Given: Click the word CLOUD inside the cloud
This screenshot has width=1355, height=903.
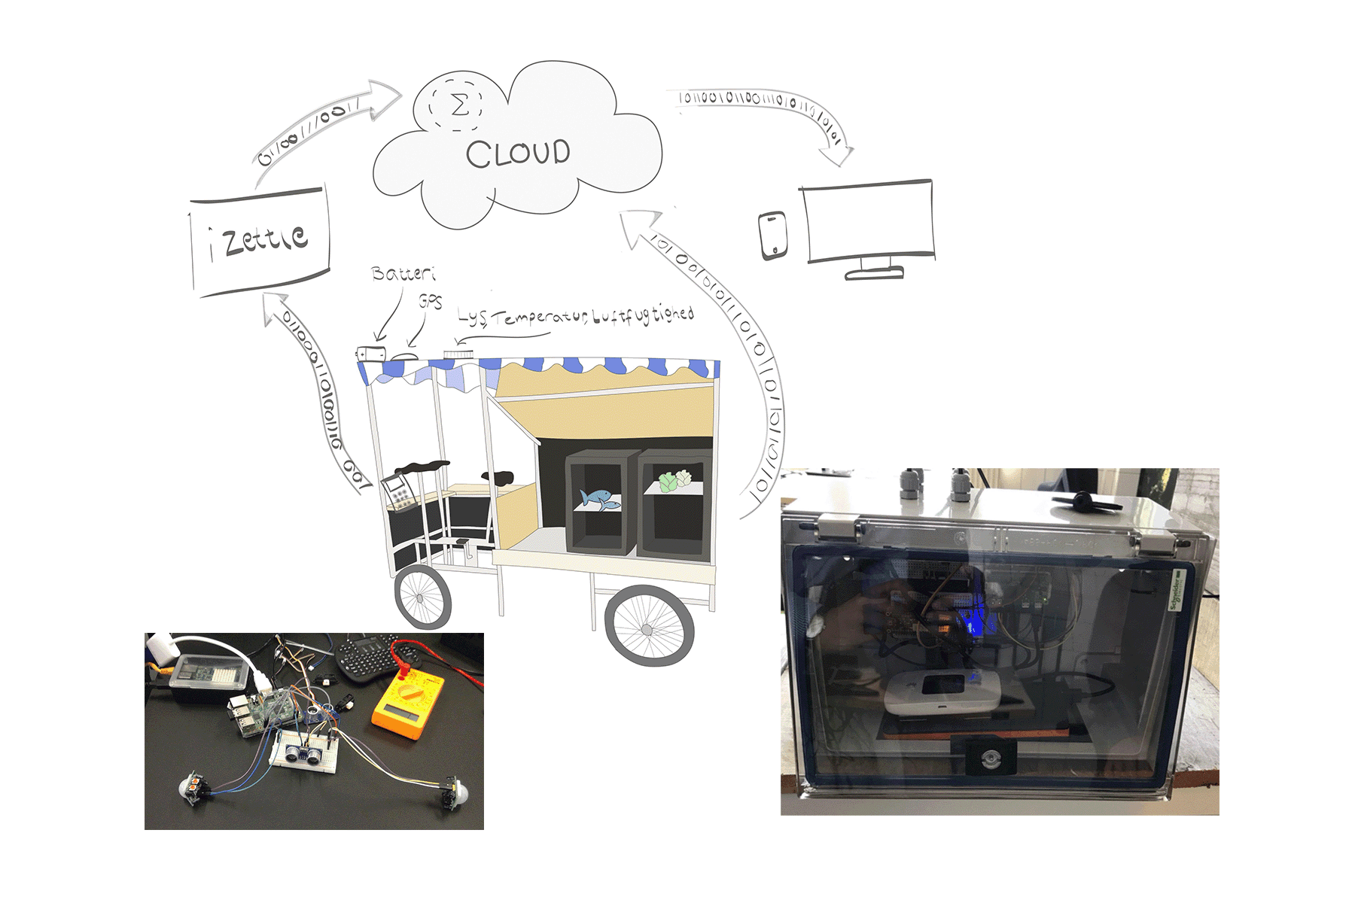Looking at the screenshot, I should point(518,154).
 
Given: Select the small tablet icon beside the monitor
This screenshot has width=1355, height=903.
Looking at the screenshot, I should point(772,235).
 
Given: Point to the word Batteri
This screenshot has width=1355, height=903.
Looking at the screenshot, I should point(403,273).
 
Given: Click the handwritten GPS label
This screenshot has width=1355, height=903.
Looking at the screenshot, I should point(431,301).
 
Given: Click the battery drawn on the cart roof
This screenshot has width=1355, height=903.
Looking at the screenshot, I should point(372,353).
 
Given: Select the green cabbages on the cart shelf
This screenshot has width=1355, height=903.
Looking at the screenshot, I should point(675,480).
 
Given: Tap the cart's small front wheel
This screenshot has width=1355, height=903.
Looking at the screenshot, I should point(422,597).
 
